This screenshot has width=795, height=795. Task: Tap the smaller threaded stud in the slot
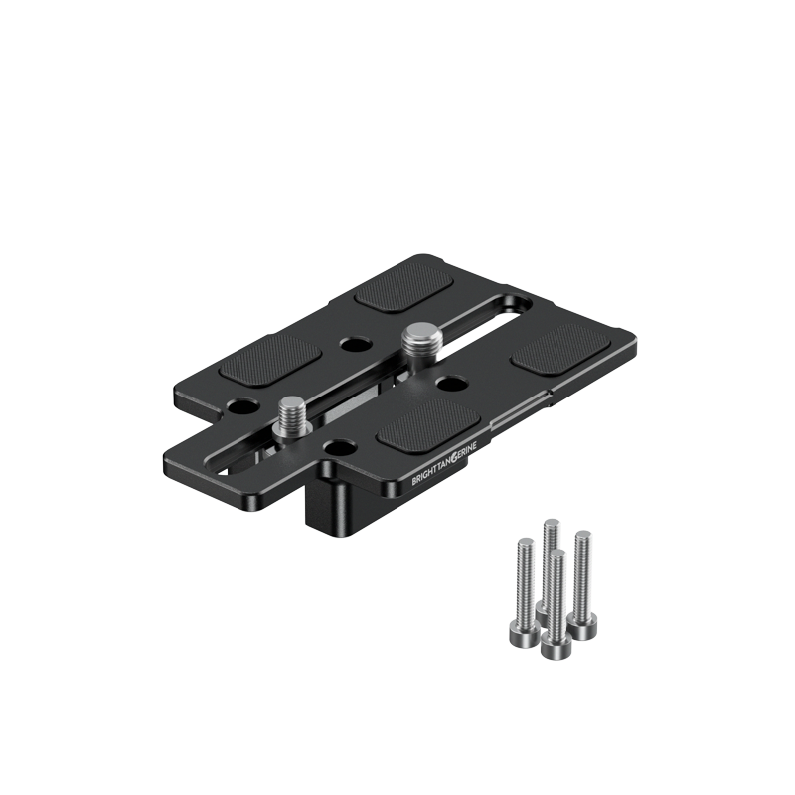(x=292, y=418)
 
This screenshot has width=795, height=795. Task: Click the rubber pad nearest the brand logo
(x=428, y=424)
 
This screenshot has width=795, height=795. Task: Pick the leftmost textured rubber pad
(x=270, y=361)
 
